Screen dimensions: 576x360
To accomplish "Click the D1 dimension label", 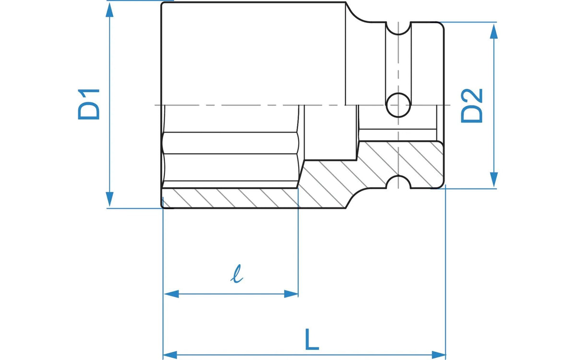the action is tap(89, 104).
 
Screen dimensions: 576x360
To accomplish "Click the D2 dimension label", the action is tap(471, 106).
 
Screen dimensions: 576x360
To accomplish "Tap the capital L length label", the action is tap(312, 339).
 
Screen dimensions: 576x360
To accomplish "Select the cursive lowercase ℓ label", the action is tap(237, 274).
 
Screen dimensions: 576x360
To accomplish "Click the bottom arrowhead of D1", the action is tap(109, 199).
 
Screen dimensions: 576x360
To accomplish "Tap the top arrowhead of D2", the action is tap(494, 31).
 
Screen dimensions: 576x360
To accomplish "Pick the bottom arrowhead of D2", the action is tap(494, 180).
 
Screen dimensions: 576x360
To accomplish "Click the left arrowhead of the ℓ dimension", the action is tap(171, 294).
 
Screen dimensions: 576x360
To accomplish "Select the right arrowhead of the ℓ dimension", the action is tap(291, 294).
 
